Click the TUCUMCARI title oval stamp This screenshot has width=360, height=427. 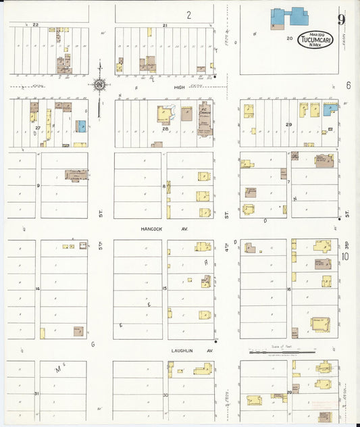click(x=315, y=39)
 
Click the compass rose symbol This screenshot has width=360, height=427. click(x=100, y=85)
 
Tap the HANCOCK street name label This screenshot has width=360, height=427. click(x=149, y=228)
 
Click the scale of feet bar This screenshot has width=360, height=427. click(x=277, y=352)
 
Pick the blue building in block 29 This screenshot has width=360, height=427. click(x=330, y=108)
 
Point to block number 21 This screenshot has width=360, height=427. click(x=164, y=24)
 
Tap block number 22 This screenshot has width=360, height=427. click(x=35, y=24)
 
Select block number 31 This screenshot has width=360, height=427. click(x=38, y=394)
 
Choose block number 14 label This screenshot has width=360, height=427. click(x=38, y=289)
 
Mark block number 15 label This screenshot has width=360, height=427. click(x=165, y=289)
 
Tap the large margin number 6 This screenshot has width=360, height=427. click(x=349, y=86)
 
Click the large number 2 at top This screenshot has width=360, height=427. click(x=189, y=15)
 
